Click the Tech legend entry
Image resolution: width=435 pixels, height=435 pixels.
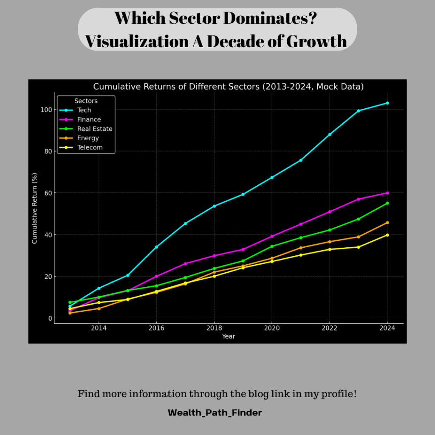tap(84, 110)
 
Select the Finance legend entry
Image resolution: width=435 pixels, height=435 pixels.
tap(88, 120)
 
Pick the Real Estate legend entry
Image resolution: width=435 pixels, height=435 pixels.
tap(94, 129)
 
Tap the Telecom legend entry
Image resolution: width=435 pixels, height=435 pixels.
tap(90, 148)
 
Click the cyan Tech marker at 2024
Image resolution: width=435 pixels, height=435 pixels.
tap(387, 103)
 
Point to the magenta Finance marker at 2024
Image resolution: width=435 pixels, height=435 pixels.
tap(387, 193)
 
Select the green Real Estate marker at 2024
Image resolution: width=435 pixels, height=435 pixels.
tap(387, 203)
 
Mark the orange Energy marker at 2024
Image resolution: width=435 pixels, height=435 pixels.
tap(387, 223)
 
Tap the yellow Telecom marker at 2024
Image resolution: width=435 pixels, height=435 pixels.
tap(387, 235)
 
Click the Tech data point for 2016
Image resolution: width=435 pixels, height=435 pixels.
tap(156, 247)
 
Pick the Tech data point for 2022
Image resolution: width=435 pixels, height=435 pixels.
tap(330, 134)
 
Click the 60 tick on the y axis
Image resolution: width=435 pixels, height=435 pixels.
tap(47, 193)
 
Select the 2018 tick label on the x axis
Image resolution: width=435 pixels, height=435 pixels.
tap(214, 328)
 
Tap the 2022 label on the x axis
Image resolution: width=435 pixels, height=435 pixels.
tap(330, 328)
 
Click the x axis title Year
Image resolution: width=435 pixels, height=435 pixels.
tap(229, 336)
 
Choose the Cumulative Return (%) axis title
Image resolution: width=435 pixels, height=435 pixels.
tap(35, 208)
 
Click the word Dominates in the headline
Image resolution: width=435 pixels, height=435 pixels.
tap(271, 19)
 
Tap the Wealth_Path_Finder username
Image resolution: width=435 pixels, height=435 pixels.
tap(215, 412)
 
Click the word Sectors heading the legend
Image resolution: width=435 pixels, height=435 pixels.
tap(86, 101)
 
